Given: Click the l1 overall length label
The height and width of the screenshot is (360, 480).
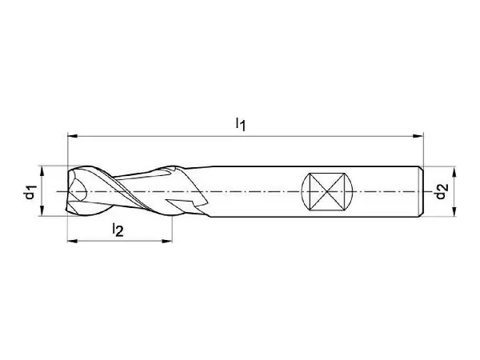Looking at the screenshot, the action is pyautogui.click(x=241, y=124).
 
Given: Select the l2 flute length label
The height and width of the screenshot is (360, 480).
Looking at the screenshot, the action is pyautogui.click(x=118, y=230).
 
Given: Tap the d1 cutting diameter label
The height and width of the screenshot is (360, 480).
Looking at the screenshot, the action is pyautogui.click(x=30, y=192).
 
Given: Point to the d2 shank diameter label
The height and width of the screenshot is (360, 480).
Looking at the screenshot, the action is pyautogui.click(x=442, y=191).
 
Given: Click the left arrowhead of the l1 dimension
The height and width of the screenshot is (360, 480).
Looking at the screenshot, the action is pyautogui.click(x=72, y=136).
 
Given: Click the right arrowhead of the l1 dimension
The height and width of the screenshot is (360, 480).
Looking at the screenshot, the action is pyautogui.click(x=418, y=136).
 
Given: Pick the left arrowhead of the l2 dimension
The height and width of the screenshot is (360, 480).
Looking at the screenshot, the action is pyautogui.click(x=72, y=242).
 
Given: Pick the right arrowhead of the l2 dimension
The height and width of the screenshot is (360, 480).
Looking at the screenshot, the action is pyautogui.click(x=167, y=242).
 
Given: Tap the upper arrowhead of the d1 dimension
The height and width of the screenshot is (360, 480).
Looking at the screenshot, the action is pyautogui.click(x=42, y=171).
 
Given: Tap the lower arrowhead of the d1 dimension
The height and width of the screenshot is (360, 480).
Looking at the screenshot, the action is pyautogui.click(x=42, y=211).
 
